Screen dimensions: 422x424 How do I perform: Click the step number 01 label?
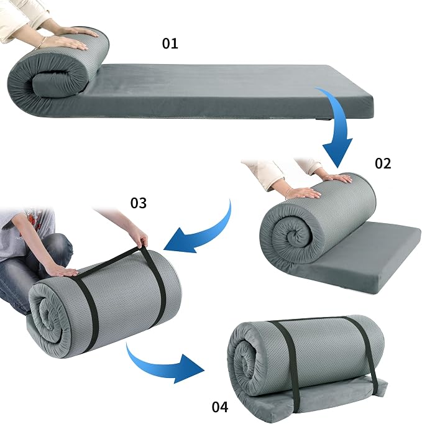click(170, 44)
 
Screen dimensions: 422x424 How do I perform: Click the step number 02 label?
click(383, 164)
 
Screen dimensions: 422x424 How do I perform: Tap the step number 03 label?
click(139, 203)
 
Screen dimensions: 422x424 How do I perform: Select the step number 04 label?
click(220, 407)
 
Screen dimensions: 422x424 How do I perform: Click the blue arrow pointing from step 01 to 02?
click(341, 119)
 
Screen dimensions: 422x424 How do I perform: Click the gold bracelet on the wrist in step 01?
click(41, 43)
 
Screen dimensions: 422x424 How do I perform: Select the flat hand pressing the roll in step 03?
click(63, 270)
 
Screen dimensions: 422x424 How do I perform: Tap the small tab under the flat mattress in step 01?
click(323, 119)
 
